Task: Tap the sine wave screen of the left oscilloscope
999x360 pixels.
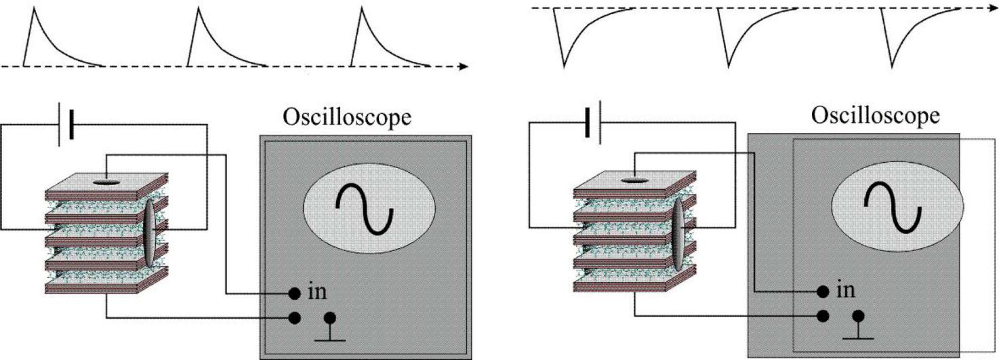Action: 367,208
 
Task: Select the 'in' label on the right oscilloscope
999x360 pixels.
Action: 845,290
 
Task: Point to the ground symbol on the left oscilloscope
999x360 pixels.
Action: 331,327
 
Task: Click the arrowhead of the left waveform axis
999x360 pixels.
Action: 464,66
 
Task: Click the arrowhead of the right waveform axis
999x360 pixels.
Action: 992,7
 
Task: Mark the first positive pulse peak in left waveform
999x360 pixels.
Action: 32,10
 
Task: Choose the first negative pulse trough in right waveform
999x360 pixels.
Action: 564,66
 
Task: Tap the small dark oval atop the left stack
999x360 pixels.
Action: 105,181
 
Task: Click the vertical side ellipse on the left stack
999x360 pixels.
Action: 150,234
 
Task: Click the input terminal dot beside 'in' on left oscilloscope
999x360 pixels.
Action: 295,293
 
